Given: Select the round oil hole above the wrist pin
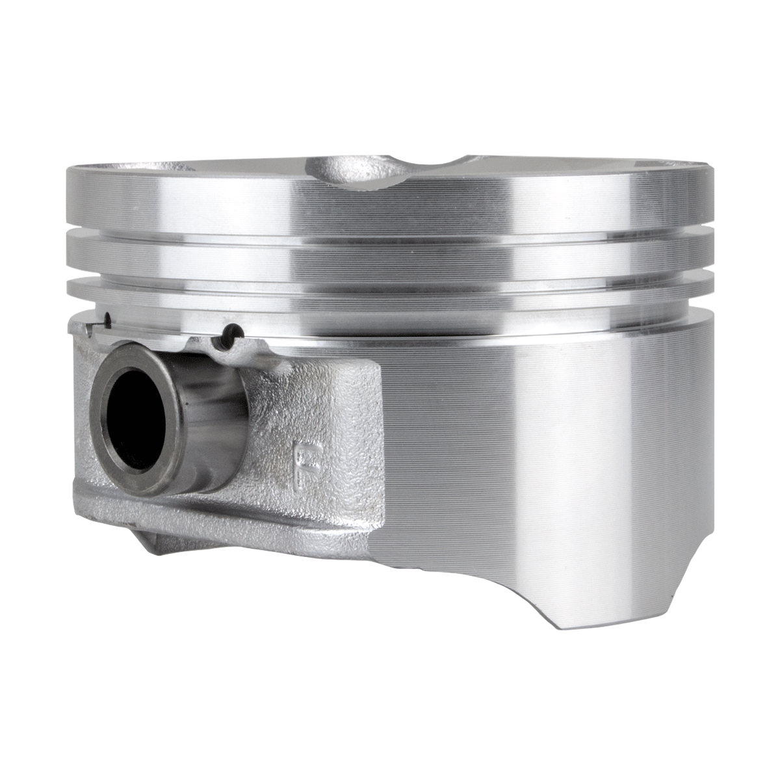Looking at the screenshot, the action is (x=231, y=331).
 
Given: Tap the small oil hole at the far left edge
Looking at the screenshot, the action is (x=108, y=320).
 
